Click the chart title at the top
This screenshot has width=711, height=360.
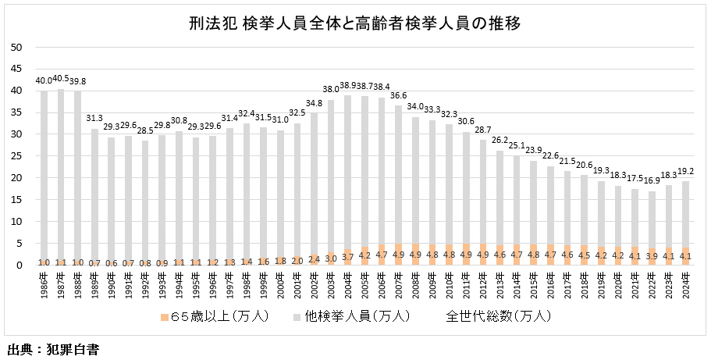(x=354, y=23)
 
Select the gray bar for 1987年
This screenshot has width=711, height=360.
(x=61, y=172)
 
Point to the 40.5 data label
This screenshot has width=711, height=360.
(x=61, y=79)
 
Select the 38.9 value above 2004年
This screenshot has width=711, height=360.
(x=348, y=86)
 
